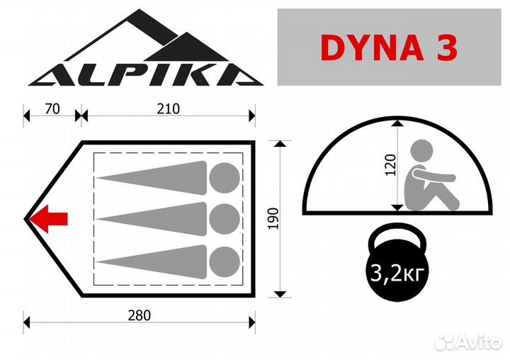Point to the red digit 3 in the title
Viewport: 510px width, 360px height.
pos(445,47)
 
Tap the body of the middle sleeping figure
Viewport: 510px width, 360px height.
pos(156,217)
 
